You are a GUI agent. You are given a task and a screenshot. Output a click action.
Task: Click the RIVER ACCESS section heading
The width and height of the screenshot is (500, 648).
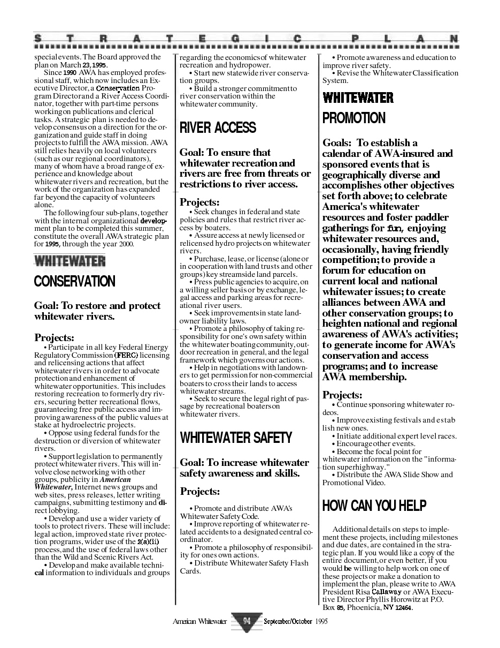click(x=218, y=127)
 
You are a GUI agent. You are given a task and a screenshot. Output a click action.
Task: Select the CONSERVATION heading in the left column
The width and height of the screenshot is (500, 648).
click(x=74, y=281)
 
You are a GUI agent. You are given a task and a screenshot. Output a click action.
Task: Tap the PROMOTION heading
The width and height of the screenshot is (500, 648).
click(x=353, y=118)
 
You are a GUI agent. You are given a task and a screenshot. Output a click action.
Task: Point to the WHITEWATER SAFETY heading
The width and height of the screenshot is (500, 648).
click(x=236, y=438)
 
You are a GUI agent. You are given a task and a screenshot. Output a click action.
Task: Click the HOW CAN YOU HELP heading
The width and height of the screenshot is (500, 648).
click(x=374, y=505)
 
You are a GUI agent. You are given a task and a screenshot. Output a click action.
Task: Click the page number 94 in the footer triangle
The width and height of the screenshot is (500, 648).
click(x=247, y=621)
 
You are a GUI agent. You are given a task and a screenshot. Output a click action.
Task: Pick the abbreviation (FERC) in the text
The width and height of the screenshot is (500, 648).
click(x=126, y=355)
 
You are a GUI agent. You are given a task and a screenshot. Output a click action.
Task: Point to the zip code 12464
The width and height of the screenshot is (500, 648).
click(x=403, y=607)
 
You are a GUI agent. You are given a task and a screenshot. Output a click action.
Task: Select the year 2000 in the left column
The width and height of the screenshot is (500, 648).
click(x=126, y=244)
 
